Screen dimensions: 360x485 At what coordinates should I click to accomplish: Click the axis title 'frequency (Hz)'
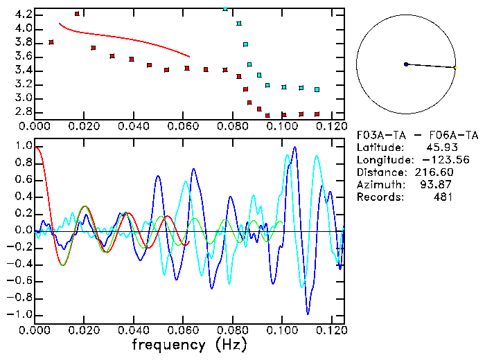(x=188, y=345)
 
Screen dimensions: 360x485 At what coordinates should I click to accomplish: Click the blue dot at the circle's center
(x=406, y=64)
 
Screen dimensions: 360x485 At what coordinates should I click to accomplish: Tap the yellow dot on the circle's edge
(x=455, y=67)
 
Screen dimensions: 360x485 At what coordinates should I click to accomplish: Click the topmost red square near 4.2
(x=77, y=14)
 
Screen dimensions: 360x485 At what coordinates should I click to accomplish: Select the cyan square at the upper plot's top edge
(x=225, y=9)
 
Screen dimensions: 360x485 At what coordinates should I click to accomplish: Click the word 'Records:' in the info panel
(x=379, y=197)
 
